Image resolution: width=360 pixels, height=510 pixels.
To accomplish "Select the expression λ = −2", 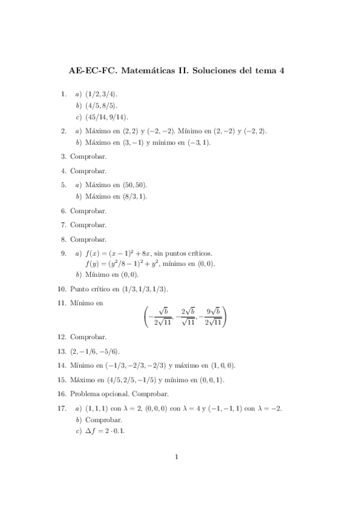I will tap(268, 409).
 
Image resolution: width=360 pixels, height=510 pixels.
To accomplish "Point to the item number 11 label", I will tap(62, 303).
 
